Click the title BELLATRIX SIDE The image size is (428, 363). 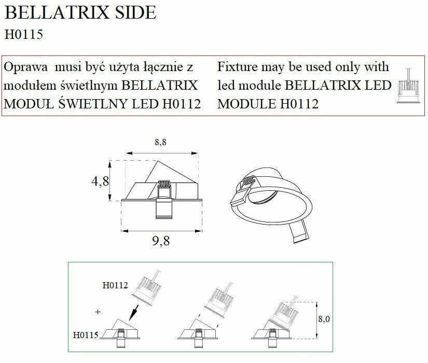[80, 12]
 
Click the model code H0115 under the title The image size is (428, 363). [24, 35]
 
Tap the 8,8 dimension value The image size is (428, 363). [160, 142]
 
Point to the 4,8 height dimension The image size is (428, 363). [100, 181]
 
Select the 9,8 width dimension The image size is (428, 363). [161, 241]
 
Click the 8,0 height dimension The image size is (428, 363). [324, 319]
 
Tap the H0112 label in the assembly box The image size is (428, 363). [115, 285]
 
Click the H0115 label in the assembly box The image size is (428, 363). [86, 335]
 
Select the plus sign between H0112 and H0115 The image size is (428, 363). [98, 312]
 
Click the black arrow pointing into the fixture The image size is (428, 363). [134, 313]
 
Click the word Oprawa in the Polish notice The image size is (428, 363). [25, 67]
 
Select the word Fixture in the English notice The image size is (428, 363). [238, 67]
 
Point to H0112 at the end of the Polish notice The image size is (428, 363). [182, 104]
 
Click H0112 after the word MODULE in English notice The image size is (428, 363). [299, 104]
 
